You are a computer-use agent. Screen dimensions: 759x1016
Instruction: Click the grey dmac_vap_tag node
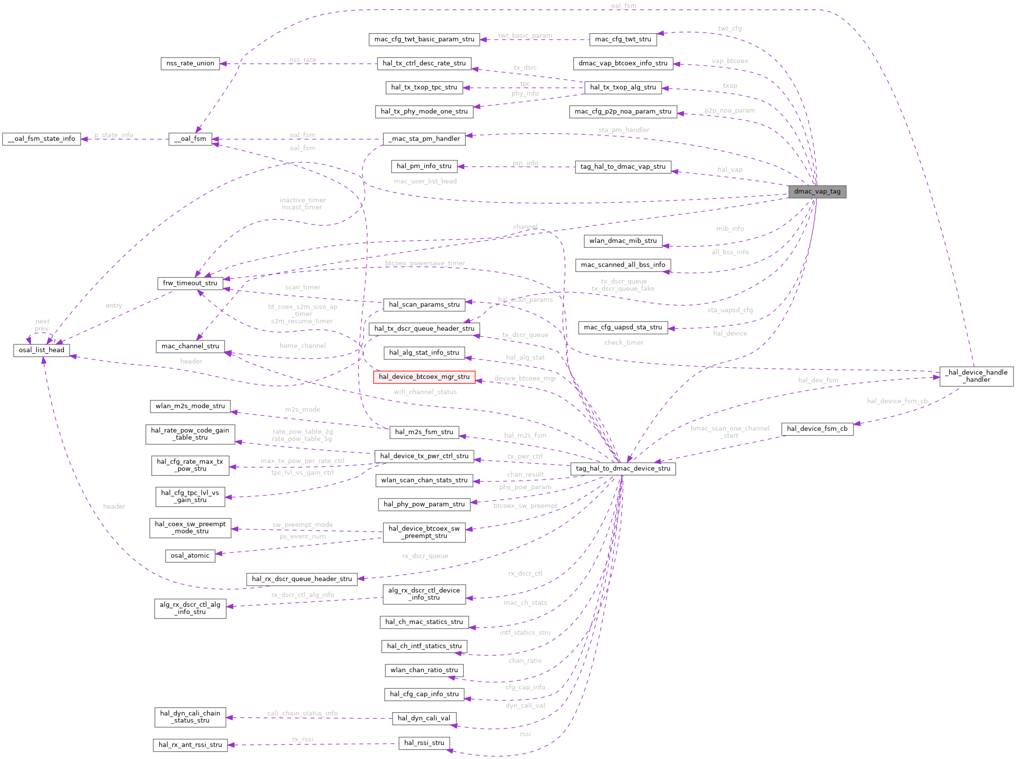click(x=817, y=192)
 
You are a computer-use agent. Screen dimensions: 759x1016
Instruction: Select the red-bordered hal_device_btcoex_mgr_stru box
click(x=424, y=377)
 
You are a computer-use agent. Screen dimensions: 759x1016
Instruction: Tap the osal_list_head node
click(x=41, y=350)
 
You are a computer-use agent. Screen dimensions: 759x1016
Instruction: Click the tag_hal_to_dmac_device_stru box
click(x=623, y=469)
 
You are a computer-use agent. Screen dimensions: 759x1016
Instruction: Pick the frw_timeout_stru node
click(x=190, y=283)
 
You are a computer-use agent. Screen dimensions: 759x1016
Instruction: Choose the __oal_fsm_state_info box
click(x=41, y=139)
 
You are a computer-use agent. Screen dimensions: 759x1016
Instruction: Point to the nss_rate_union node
click(x=190, y=63)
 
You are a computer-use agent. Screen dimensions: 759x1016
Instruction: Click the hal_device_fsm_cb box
click(x=817, y=429)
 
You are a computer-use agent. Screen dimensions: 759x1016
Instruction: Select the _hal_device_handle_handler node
click(x=976, y=376)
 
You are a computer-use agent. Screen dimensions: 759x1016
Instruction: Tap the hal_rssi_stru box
click(x=424, y=743)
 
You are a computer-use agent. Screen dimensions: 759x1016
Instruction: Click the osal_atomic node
click(x=190, y=556)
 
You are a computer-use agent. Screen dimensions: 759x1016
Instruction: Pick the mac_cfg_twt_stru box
click(x=623, y=40)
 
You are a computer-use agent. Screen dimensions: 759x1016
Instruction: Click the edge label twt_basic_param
click(x=525, y=36)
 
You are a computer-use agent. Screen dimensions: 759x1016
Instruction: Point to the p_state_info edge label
click(x=114, y=135)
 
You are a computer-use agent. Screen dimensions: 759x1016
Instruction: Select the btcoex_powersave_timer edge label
click(x=425, y=263)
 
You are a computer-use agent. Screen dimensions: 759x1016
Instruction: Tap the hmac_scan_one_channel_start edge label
click(x=730, y=432)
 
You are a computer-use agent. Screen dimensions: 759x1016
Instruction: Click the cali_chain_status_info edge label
click(x=302, y=713)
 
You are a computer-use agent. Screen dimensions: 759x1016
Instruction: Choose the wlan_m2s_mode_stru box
click(x=190, y=406)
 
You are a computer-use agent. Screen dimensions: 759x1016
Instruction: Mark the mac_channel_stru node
click(x=190, y=346)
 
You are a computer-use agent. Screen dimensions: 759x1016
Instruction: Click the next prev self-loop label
click(x=42, y=325)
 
